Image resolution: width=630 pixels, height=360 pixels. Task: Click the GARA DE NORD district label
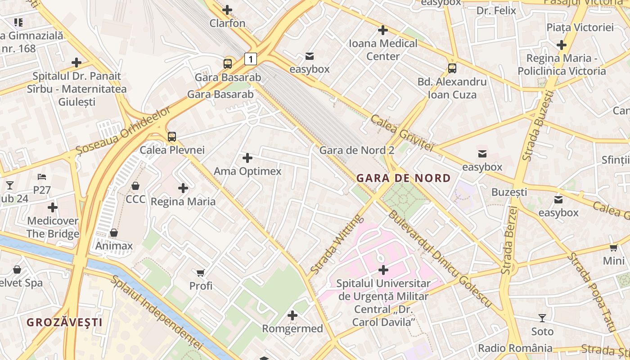tap(403, 178)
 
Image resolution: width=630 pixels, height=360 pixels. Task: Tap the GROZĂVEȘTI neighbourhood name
tap(64, 322)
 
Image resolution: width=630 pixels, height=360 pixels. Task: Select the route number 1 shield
tap(251, 58)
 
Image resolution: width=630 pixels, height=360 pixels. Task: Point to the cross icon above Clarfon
tap(228, 9)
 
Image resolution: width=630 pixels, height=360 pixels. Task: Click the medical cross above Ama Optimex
tap(247, 158)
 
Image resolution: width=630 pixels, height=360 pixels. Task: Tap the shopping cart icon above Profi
tap(201, 273)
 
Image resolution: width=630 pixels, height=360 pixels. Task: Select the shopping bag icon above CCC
tap(135, 186)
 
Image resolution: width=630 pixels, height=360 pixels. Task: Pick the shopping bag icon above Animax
tap(114, 233)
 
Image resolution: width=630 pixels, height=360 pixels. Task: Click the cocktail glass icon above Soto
tap(542, 318)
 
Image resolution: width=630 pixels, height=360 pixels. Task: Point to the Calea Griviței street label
tap(401, 133)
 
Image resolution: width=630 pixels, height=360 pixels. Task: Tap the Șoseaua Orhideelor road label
tap(124, 130)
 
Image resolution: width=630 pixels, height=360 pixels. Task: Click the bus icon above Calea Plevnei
tap(171, 137)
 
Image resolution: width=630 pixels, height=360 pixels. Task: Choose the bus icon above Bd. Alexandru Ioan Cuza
tap(452, 68)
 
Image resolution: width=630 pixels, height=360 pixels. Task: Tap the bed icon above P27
tap(42, 177)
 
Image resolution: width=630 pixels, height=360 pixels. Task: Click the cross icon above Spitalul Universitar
tap(383, 270)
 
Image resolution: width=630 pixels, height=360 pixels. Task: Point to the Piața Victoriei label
tap(580, 27)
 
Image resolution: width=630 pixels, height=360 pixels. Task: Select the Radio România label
tap(515, 348)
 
